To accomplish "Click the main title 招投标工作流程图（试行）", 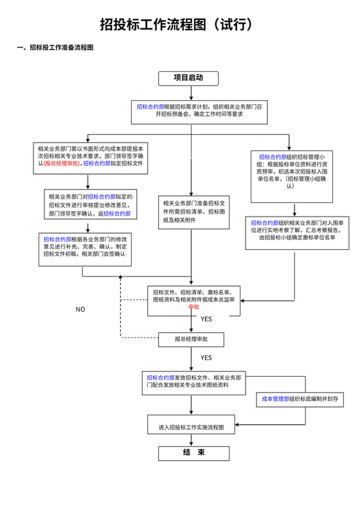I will (180, 25).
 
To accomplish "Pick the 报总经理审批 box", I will (190, 339).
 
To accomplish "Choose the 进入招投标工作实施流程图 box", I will (191, 427).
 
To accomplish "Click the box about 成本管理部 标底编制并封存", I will (300, 399).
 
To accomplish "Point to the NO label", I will (80, 309).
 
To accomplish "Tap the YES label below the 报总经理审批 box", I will (206, 357).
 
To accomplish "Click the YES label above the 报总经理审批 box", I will (206, 319).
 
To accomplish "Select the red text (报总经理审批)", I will (62, 164).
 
